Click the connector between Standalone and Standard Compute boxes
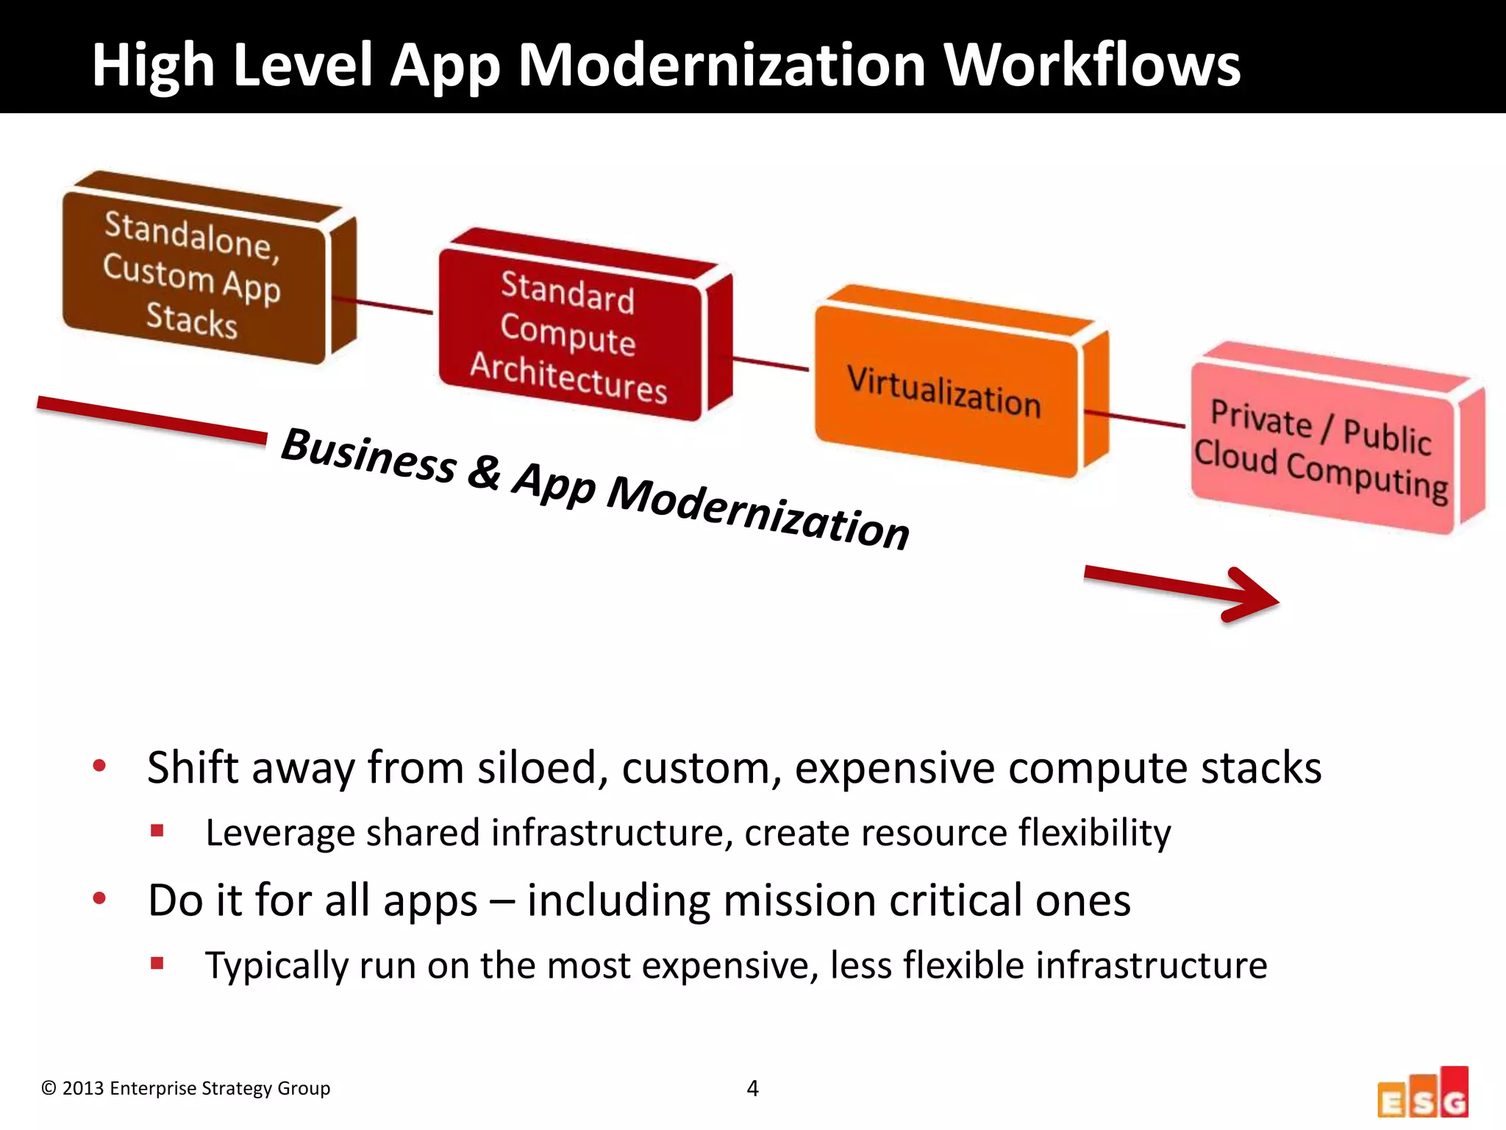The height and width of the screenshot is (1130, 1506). (382, 305)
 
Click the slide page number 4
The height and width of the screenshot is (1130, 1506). (752, 1088)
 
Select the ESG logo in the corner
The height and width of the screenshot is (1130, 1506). (1423, 1094)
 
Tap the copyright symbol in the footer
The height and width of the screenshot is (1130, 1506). (49, 1088)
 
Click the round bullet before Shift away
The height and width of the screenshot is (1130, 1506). (99, 767)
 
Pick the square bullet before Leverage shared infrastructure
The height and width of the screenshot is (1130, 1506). (157, 831)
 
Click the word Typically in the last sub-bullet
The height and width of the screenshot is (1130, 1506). (276, 966)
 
